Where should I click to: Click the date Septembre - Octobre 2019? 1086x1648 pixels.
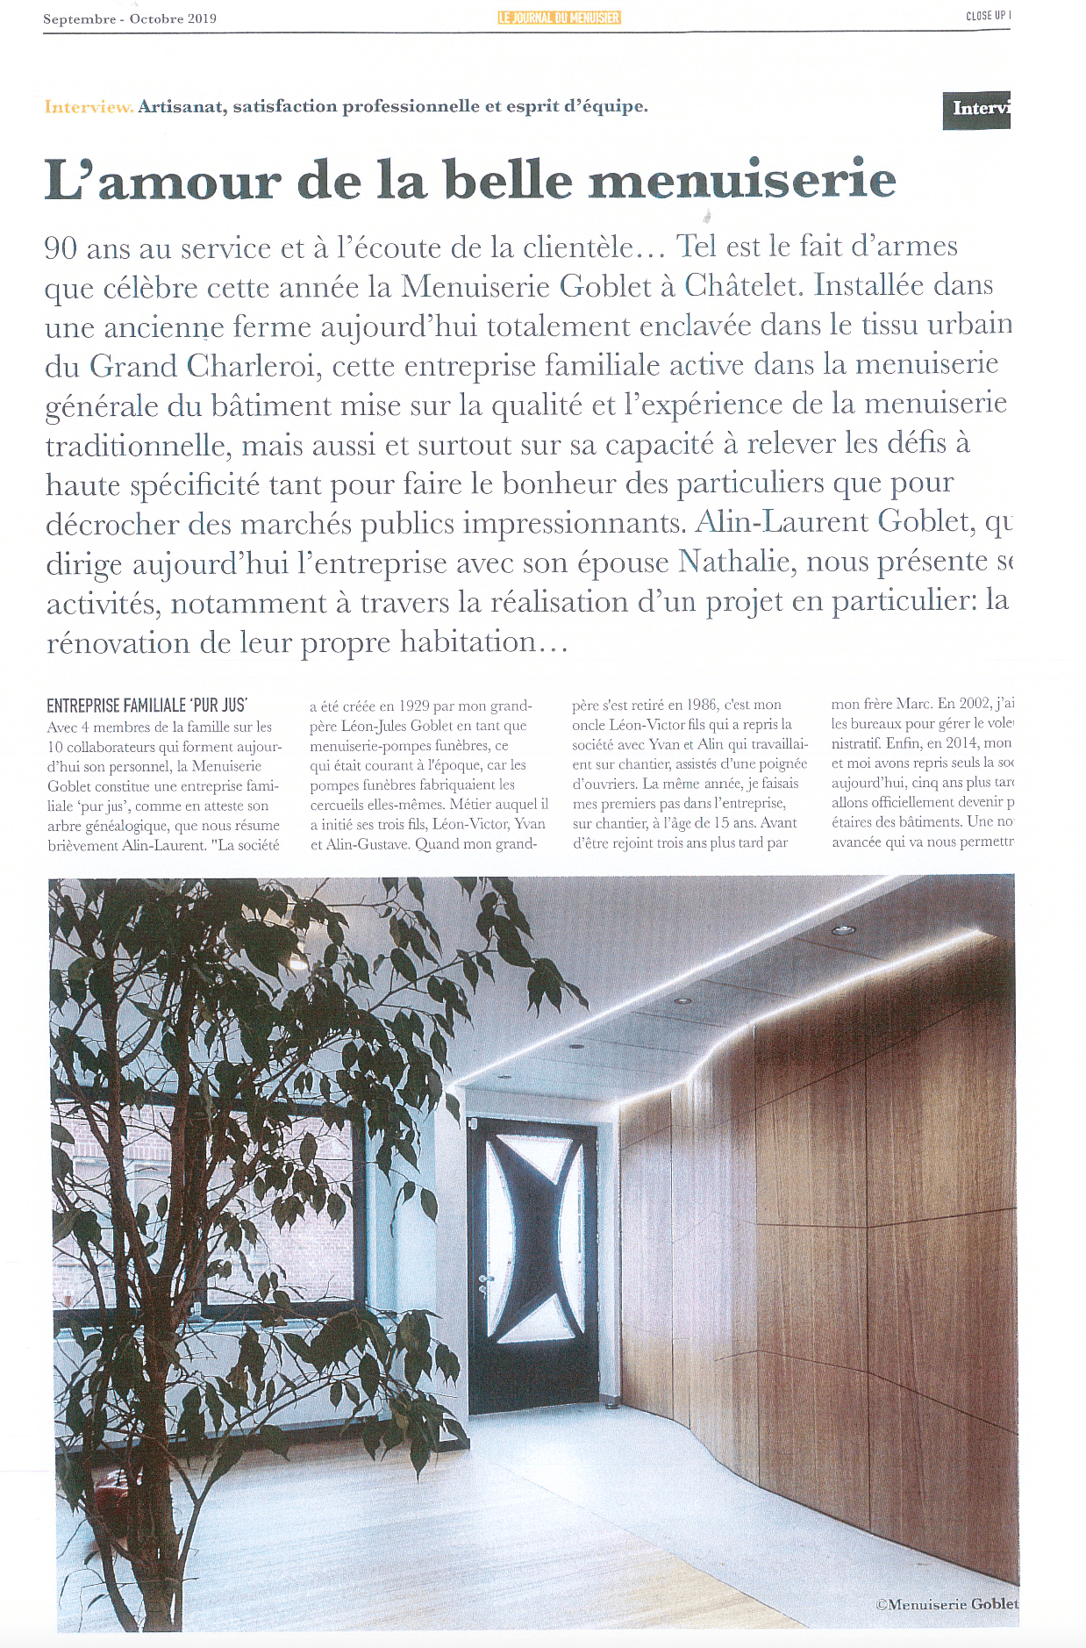[130, 18]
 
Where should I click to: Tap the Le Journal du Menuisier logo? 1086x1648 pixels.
[559, 17]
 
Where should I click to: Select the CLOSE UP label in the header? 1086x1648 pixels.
[988, 16]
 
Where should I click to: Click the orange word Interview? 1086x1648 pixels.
[89, 107]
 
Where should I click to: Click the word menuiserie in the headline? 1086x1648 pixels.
[742, 180]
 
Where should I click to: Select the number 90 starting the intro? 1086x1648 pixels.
[61, 249]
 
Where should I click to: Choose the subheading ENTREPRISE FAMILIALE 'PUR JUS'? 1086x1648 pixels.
[146, 706]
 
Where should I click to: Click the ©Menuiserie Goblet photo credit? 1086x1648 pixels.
[947, 1603]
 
